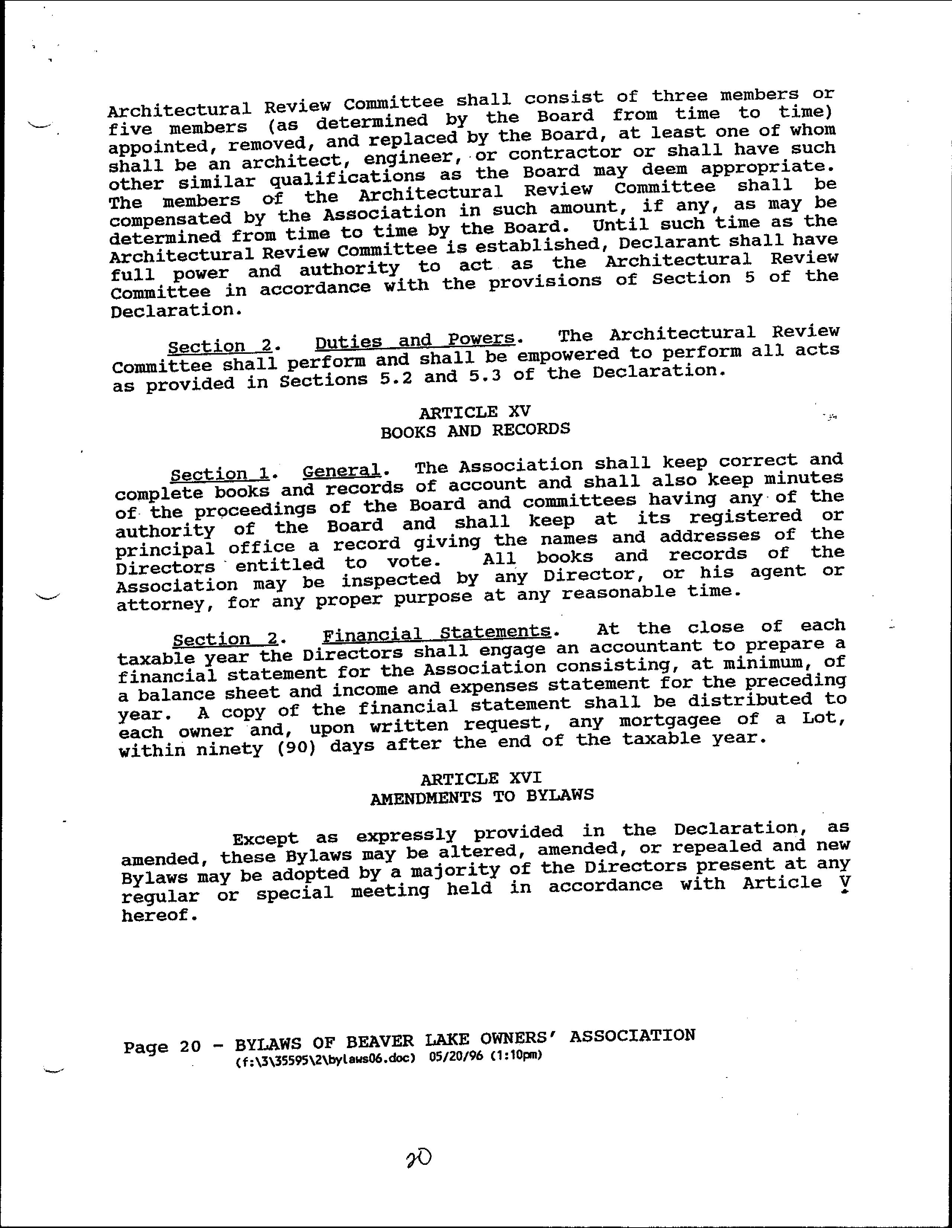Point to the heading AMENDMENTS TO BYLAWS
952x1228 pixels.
click(x=482, y=796)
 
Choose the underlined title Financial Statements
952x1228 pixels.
click(x=436, y=634)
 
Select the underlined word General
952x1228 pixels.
click(x=341, y=470)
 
